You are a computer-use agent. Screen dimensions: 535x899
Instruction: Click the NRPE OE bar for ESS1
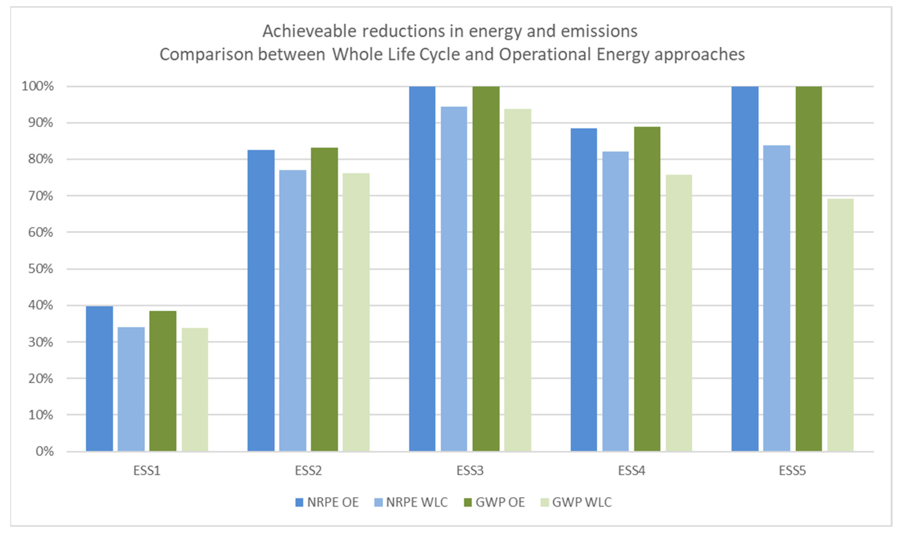click(99, 378)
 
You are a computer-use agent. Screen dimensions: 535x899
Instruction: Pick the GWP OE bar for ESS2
click(324, 299)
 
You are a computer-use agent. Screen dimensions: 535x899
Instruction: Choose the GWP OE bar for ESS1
click(163, 381)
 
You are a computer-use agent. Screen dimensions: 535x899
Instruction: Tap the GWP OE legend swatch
click(467, 502)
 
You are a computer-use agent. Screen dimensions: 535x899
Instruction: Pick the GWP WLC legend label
click(582, 502)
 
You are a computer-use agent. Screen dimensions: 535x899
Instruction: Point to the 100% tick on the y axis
click(38, 86)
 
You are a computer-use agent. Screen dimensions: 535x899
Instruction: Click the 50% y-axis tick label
click(40, 269)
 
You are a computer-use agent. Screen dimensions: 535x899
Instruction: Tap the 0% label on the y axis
click(44, 451)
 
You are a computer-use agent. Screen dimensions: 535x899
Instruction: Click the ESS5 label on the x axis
click(792, 471)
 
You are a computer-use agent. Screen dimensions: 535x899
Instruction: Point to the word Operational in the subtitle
click(544, 55)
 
